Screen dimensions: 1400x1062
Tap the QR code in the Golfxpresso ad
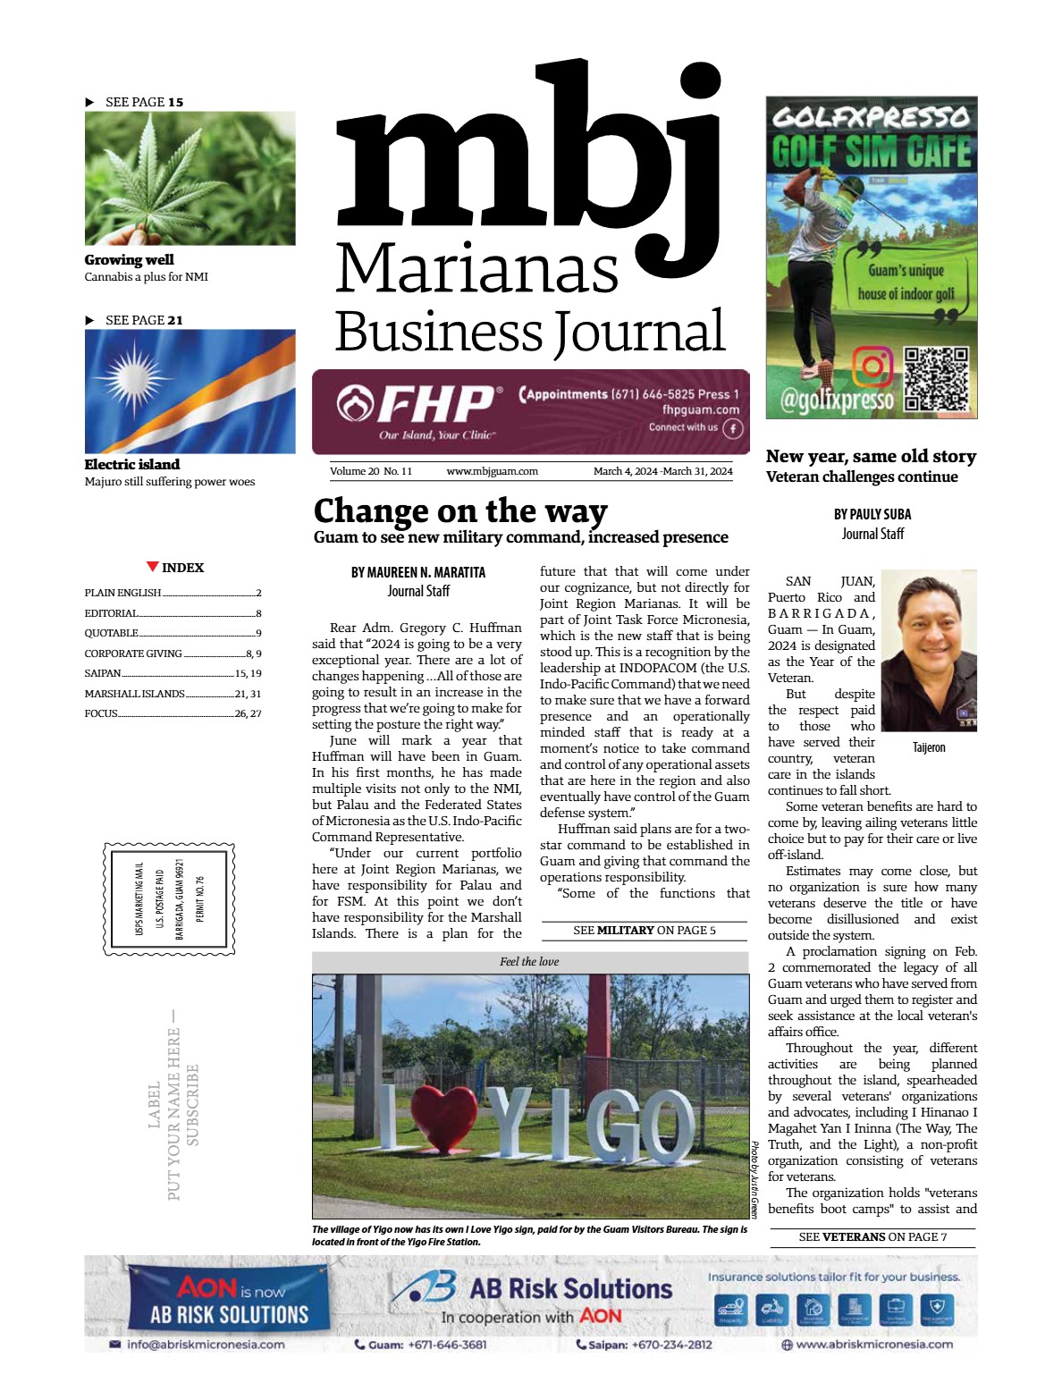(936, 378)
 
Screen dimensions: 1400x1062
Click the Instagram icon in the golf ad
(872, 367)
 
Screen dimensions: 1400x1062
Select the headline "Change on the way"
(460, 511)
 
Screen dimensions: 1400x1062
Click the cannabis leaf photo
(190, 178)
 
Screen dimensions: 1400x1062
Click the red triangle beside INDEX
(153, 567)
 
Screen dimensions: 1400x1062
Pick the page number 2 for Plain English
(258, 593)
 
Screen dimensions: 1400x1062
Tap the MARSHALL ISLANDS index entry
(134, 694)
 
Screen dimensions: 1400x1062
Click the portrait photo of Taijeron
(928, 653)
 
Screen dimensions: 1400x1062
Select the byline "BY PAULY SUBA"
(872, 514)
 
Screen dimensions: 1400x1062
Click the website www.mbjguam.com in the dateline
(492, 471)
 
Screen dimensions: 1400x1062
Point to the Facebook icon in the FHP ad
(732, 428)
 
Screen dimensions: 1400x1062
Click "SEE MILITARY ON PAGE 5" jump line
(644, 931)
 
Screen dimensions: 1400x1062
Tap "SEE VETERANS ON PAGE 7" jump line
(872, 1237)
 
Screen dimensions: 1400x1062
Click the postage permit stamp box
(170, 898)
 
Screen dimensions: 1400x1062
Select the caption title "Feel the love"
(529, 962)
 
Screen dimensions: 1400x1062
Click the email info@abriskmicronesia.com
(206, 1344)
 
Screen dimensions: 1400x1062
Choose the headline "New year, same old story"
(871, 457)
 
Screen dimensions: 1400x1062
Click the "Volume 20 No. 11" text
(371, 471)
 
